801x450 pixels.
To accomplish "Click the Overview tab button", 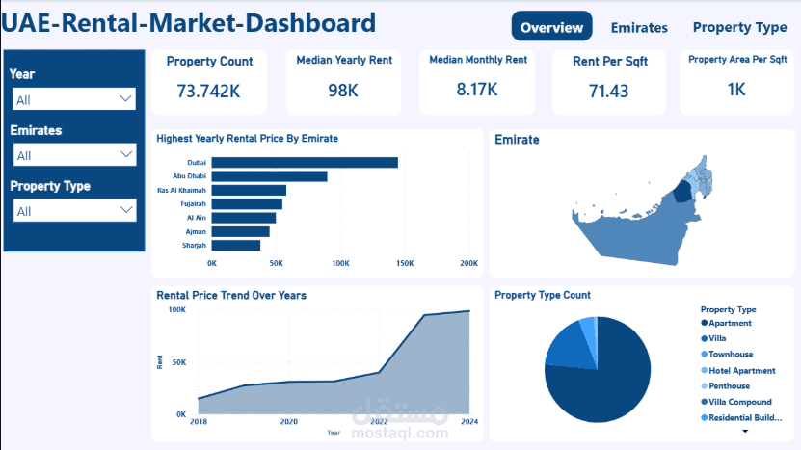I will (551, 27).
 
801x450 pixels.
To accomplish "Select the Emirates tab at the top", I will (639, 27).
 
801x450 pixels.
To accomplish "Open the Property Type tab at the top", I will (739, 27).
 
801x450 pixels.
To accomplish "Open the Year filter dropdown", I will (74, 99).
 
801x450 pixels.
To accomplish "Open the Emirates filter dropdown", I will (74, 155).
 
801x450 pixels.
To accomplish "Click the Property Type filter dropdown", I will (74, 211).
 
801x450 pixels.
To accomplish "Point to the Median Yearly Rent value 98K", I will (343, 91).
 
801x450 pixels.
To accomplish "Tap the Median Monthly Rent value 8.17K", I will (477, 90).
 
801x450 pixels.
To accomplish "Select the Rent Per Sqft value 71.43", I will (608, 91).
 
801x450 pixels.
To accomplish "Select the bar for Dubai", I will (305, 163).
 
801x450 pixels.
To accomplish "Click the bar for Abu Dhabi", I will (269, 176).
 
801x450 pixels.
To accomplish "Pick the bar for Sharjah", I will (235, 246).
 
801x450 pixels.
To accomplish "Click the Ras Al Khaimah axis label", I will (183, 191).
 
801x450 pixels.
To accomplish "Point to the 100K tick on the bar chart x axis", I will (340, 262).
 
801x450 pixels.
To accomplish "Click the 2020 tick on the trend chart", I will (288, 422).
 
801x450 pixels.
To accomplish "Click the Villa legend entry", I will (720, 339).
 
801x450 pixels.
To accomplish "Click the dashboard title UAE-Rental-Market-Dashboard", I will (189, 23).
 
